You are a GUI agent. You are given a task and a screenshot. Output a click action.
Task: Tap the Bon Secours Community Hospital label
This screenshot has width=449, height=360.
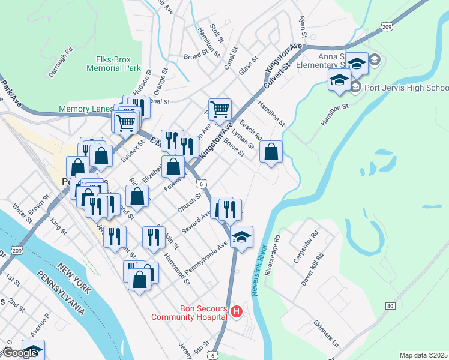point(189,313)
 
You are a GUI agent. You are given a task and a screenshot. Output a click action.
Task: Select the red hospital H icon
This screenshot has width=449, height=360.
point(237,311)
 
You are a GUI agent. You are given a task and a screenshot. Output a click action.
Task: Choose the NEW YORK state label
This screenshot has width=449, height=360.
point(74,278)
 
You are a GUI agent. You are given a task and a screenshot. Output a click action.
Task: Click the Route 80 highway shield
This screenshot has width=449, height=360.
point(391,306)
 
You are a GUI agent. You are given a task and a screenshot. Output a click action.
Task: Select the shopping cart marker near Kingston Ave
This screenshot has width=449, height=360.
point(220,110)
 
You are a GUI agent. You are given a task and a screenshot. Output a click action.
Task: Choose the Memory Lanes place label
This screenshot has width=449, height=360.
point(86,109)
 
